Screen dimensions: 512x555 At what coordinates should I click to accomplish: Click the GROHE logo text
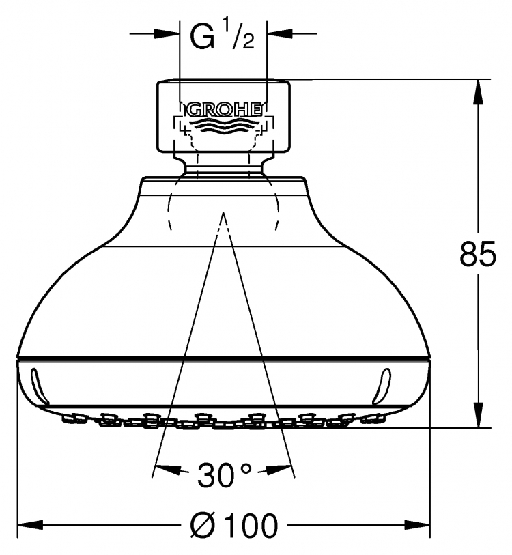[224, 110]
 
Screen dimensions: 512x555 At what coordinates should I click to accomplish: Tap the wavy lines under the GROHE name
[224, 126]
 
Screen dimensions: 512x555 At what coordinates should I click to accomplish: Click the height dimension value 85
[478, 254]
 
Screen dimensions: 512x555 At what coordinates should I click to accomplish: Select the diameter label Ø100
[233, 525]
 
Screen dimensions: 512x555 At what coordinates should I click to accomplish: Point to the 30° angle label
[225, 475]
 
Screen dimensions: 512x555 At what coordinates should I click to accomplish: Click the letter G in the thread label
[203, 37]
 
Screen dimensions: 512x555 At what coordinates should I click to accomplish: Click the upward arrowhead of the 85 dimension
[478, 92]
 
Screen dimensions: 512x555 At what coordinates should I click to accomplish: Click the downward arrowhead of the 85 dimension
[478, 415]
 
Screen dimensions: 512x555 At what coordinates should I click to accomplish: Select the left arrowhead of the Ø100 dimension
[30, 525]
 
